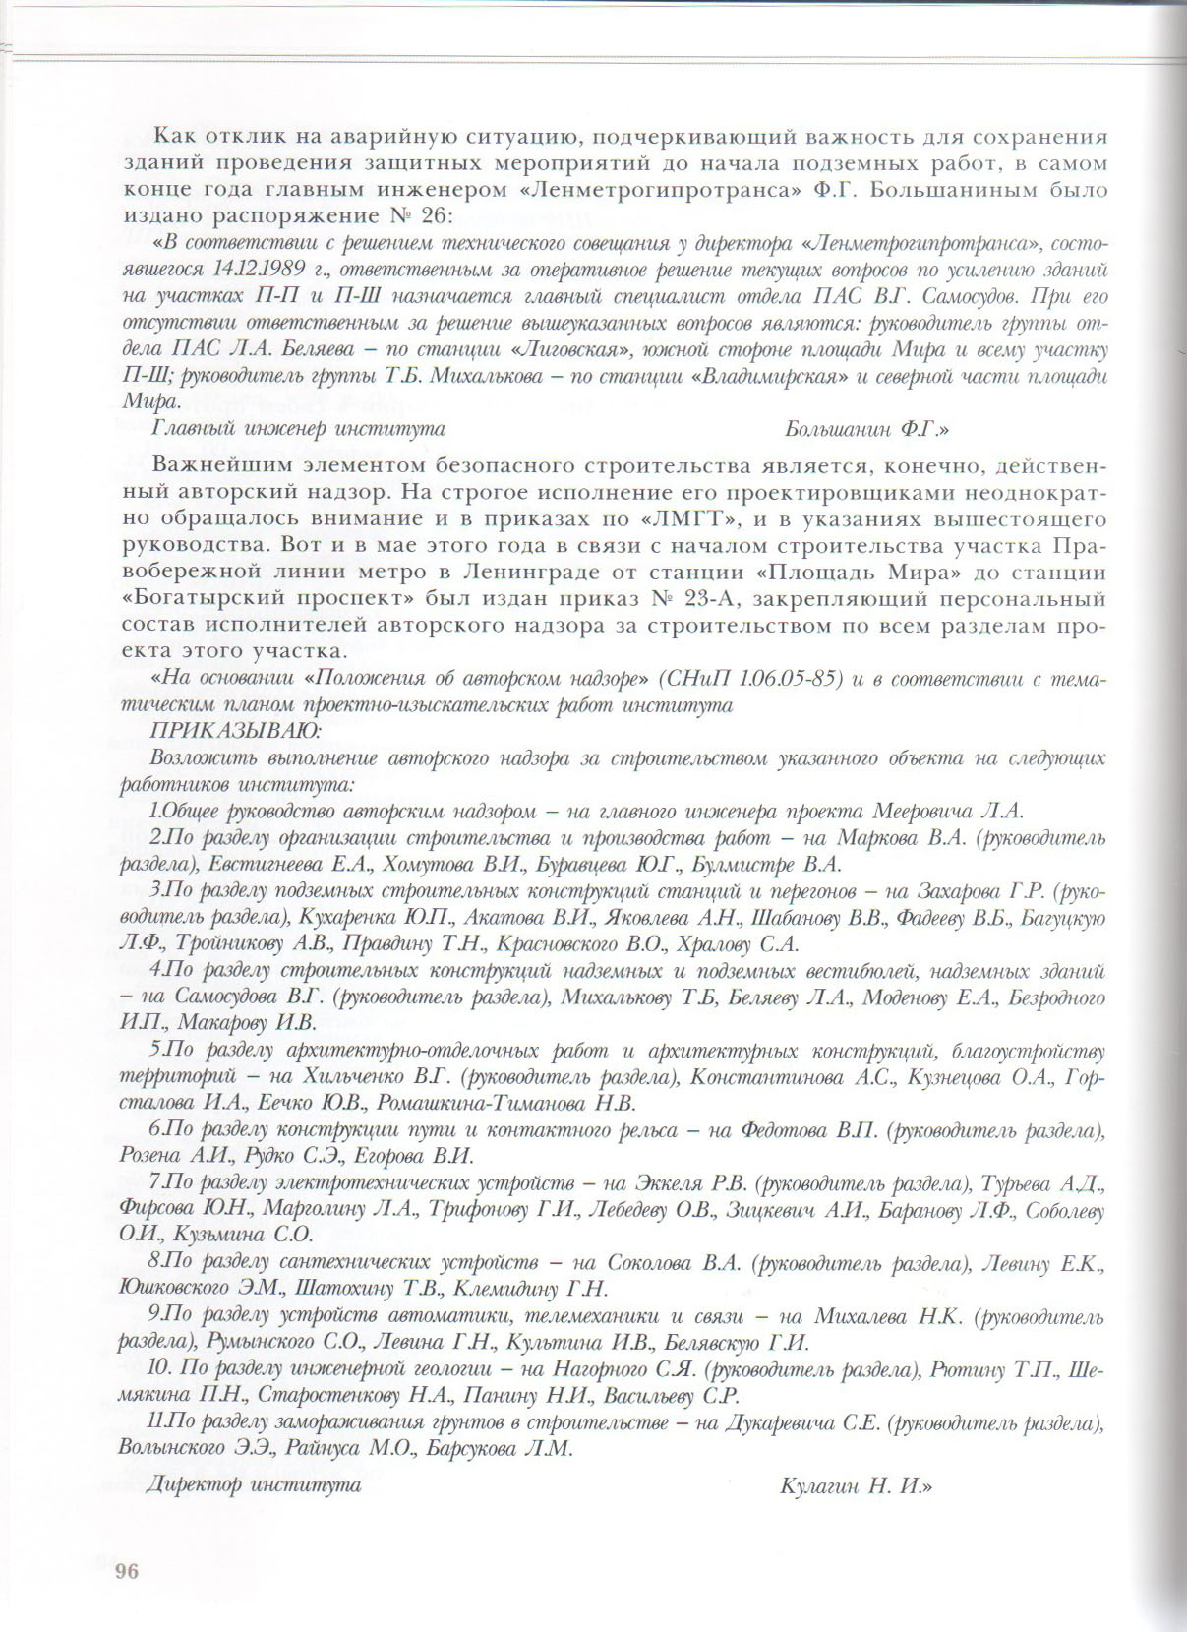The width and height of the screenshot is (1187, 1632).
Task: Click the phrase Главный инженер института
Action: tap(300, 429)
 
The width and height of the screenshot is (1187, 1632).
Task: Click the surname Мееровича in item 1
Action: tap(923, 812)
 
